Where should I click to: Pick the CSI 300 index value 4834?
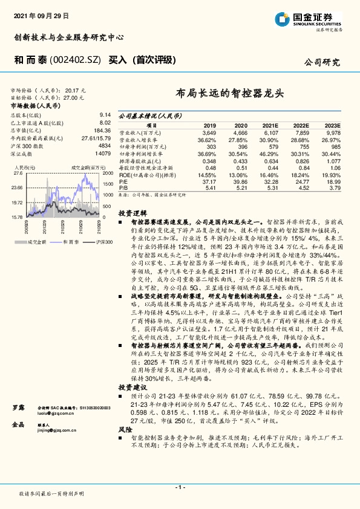tap(105, 146)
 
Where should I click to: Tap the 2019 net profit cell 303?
tap(211, 147)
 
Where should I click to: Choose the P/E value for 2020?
tap(240, 181)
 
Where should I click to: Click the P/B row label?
tap(123, 187)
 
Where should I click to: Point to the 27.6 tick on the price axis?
tap(18, 173)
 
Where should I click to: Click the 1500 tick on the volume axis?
tap(108, 184)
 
